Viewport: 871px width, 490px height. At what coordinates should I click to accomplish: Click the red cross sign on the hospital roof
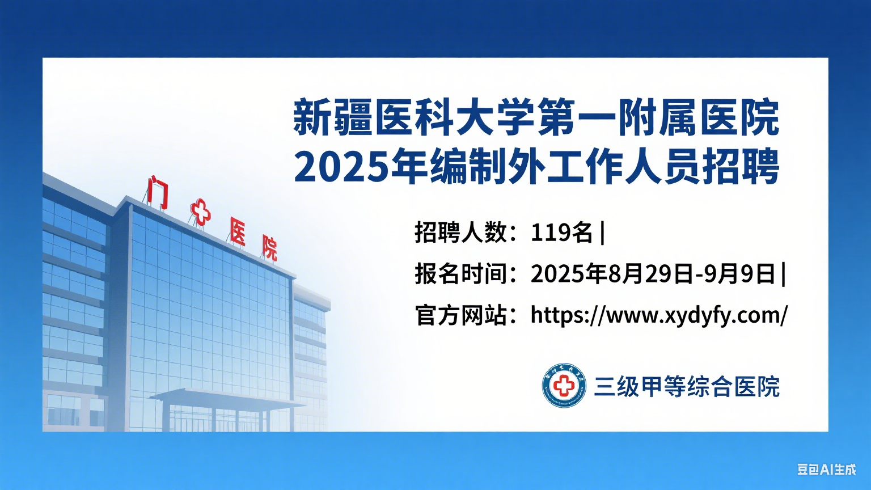200,212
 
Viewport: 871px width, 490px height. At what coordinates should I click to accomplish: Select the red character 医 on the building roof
238,231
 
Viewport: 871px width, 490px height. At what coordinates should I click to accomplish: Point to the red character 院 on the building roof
269,247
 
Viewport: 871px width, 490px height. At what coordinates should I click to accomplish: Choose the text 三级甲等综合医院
687,387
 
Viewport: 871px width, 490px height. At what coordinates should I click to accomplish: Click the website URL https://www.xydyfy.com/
659,315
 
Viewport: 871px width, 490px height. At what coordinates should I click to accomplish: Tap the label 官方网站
460,315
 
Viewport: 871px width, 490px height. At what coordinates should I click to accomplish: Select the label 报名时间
460,274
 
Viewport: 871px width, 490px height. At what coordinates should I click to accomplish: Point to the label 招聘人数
460,233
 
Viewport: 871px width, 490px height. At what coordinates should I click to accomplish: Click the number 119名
561,233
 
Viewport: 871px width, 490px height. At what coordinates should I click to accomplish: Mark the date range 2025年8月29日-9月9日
653,274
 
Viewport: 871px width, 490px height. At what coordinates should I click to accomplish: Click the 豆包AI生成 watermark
826,470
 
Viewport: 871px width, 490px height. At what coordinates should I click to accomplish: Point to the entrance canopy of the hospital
227,396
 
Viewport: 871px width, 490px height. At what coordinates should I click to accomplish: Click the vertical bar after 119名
602,233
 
